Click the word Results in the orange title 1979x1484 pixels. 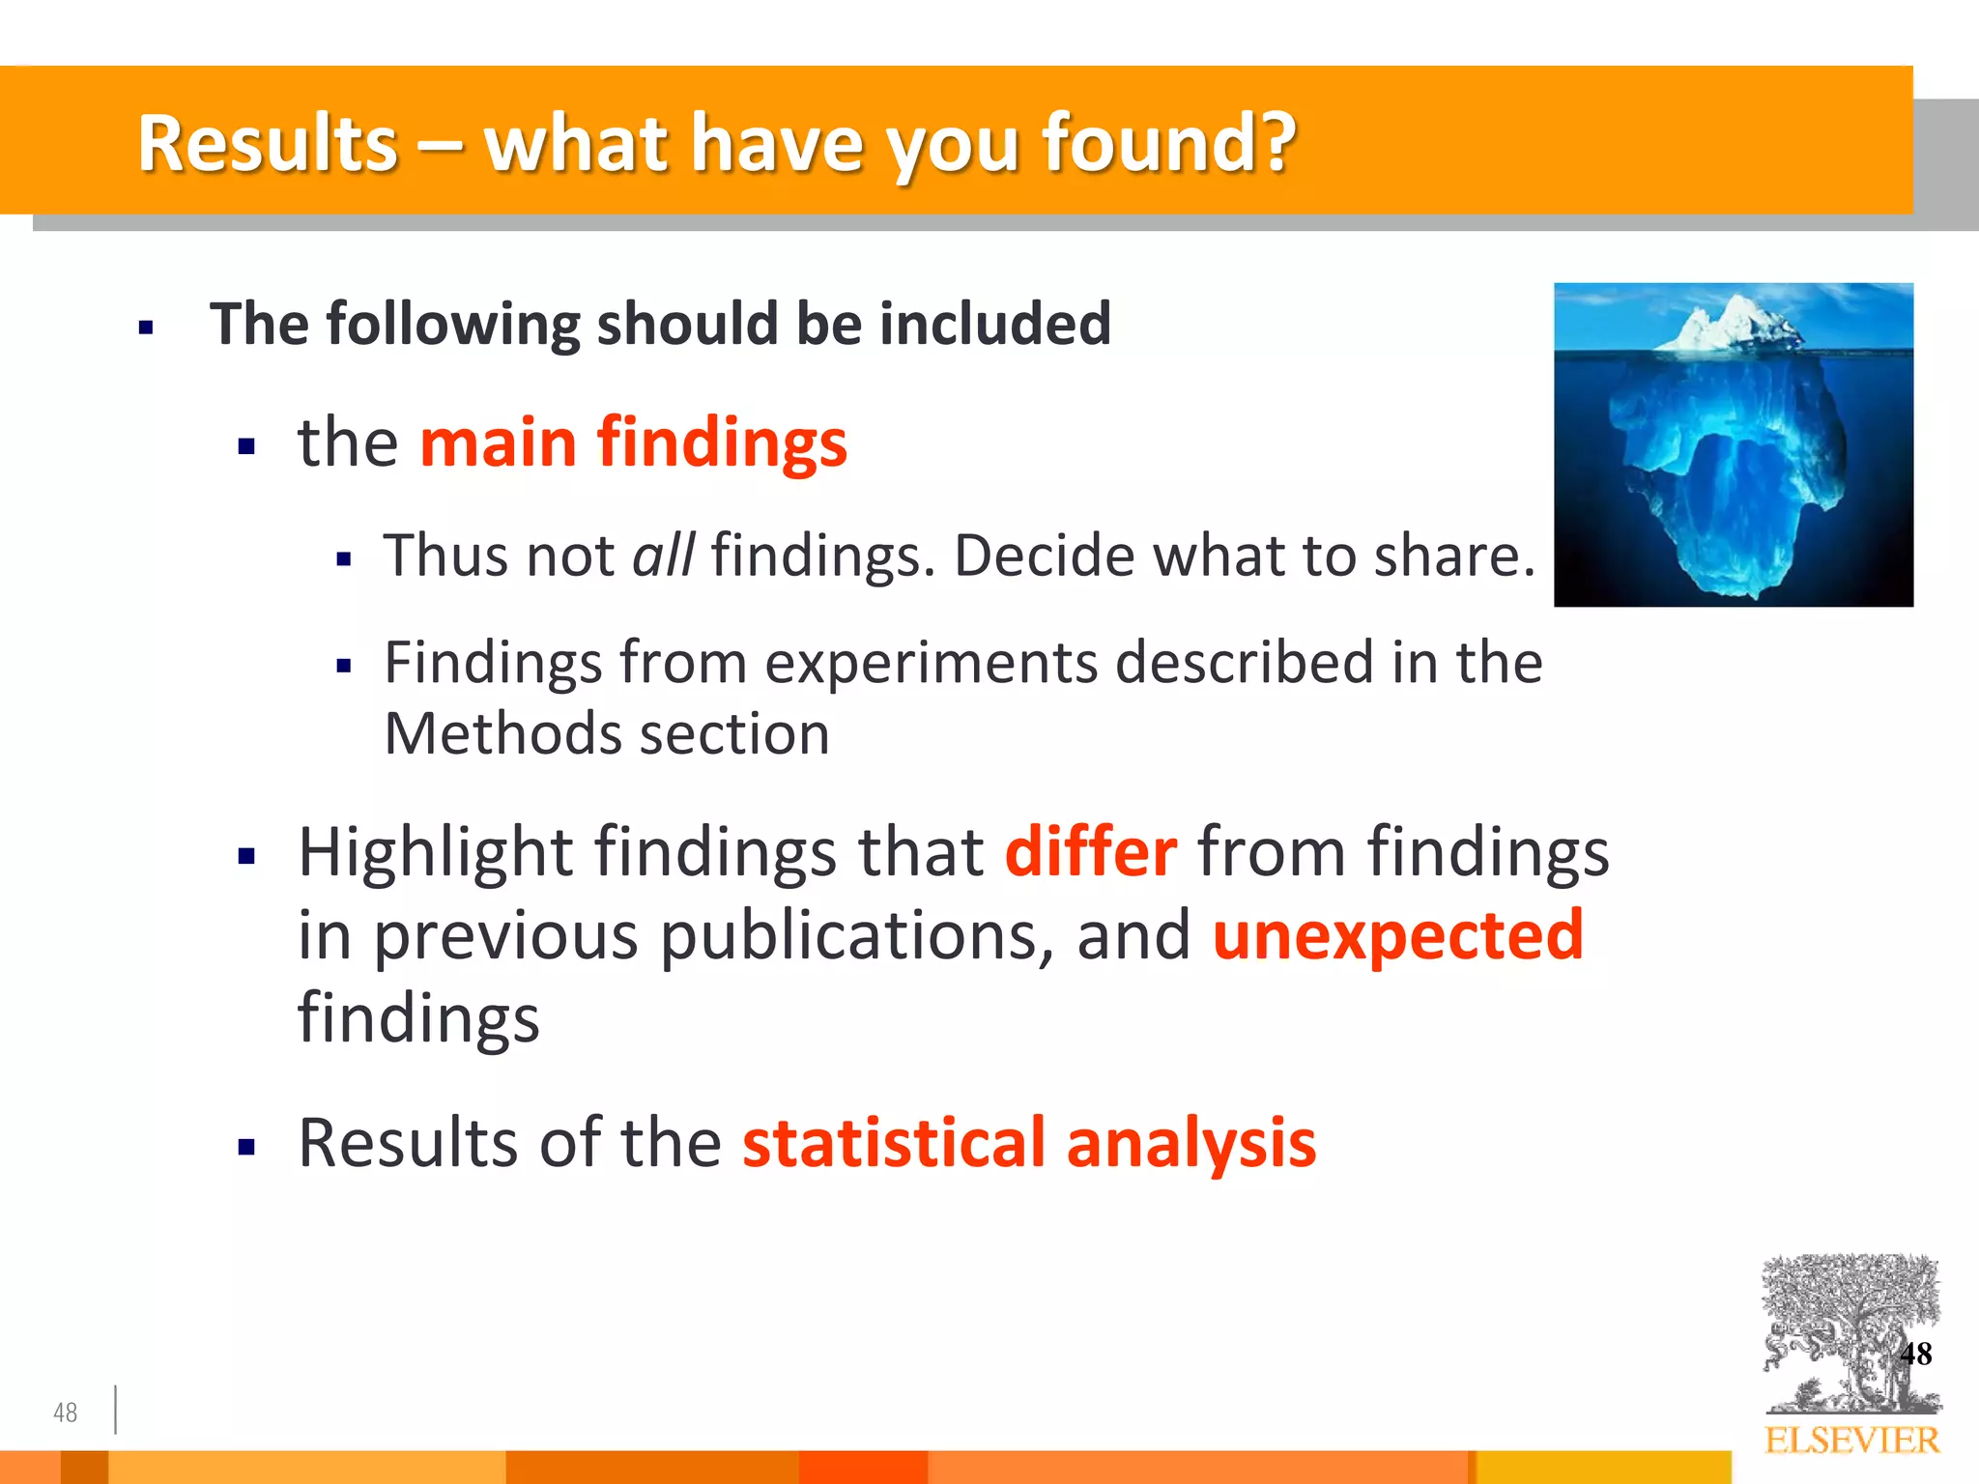pyautogui.click(x=268, y=143)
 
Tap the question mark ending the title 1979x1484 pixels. pyautogui.click(x=1276, y=143)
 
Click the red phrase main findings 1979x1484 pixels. pyautogui.click(x=633, y=442)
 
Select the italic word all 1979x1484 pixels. pyautogui.click(x=663, y=556)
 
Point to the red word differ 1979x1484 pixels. pyautogui.click(x=1091, y=852)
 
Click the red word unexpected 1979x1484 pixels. pyautogui.click(x=1397, y=935)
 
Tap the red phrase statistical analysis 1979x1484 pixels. pyautogui.click(x=1028, y=1143)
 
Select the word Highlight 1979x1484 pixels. pyautogui.click(x=435, y=854)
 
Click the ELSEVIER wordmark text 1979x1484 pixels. pyautogui.click(x=1851, y=1441)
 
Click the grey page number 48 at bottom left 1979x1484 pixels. pyautogui.click(x=65, y=1413)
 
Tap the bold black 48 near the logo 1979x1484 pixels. pyautogui.click(x=1915, y=1354)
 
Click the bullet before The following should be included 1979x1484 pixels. pyautogui.click(x=146, y=328)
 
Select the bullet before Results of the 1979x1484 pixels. pyautogui.click(x=246, y=1148)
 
